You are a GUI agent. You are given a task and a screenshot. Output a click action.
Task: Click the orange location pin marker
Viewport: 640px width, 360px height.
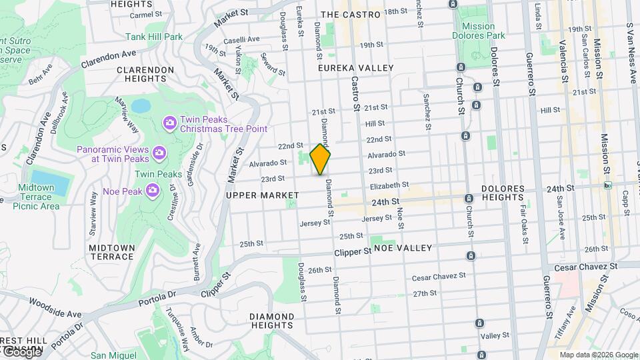coord(320,159)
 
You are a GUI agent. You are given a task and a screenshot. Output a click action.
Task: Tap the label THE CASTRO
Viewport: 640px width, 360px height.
coord(351,14)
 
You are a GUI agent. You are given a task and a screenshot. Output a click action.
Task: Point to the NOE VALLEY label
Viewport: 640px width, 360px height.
coord(403,247)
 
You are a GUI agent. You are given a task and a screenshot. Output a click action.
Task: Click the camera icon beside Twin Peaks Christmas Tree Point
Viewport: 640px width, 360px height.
coord(169,122)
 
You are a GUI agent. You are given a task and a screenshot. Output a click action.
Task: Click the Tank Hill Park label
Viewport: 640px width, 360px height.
coord(155,37)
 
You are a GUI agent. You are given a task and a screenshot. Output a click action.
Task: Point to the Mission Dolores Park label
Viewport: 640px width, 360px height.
coord(487,31)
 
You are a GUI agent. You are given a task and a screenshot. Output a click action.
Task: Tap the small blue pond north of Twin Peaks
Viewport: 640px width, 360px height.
coord(141,106)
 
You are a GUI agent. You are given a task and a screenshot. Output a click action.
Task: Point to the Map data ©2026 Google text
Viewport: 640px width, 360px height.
coord(598,355)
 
